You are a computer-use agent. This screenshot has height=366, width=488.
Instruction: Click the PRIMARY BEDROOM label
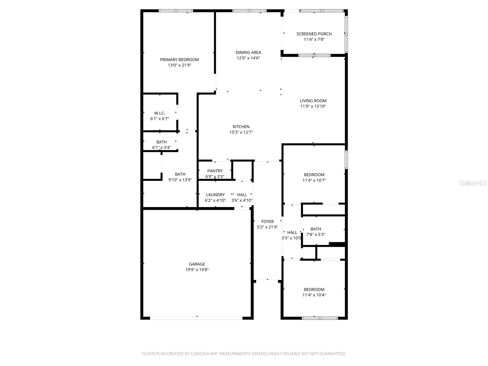[179, 59]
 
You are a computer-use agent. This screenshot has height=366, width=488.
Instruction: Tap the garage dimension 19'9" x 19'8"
[197, 270]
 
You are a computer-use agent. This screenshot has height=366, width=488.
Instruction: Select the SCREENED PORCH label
[314, 34]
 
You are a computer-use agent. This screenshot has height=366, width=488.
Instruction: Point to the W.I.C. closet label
[160, 113]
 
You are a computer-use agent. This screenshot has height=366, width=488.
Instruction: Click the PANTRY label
[215, 171]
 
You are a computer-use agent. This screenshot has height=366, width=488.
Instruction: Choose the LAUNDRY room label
[215, 195]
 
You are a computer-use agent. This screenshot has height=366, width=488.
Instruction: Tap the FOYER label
[267, 221]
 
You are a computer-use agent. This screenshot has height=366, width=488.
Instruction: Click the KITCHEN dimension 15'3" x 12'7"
[241, 132]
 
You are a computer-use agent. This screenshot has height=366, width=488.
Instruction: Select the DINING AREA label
[248, 52]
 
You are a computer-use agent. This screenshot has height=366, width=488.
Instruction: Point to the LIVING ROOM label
[313, 101]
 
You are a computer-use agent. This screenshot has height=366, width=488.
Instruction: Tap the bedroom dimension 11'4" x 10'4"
[314, 295]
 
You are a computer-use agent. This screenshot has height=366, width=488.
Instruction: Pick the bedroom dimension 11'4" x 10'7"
[314, 180]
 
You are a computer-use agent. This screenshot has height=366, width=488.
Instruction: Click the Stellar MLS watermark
[472, 183]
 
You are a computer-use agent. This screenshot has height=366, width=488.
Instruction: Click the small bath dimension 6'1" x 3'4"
[161, 148]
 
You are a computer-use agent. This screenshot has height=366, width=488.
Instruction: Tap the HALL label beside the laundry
[242, 195]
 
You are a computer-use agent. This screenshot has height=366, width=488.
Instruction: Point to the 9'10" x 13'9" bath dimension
[180, 180]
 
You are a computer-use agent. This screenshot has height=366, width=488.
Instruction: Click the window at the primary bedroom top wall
[176, 11]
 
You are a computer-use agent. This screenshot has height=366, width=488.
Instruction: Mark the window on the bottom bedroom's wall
[320, 318]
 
